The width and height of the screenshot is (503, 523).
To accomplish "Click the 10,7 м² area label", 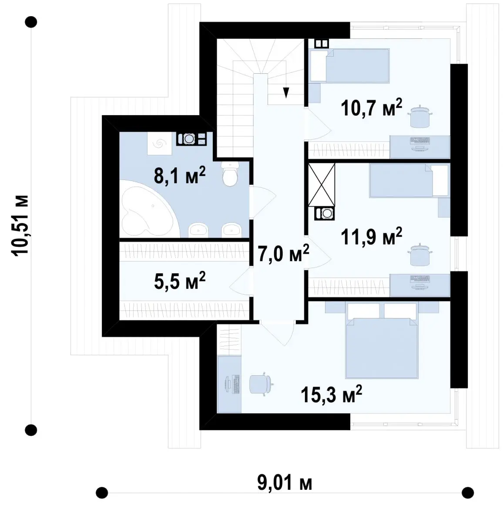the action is pyautogui.click(x=372, y=108).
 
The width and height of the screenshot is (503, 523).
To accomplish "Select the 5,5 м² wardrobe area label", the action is pyautogui.click(x=179, y=280).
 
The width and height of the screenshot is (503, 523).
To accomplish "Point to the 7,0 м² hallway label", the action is pyautogui.click(x=283, y=253).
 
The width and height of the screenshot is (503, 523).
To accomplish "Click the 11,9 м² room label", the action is pyautogui.click(x=372, y=237).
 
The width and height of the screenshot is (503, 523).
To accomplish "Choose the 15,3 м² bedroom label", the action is pyautogui.click(x=331, y=394).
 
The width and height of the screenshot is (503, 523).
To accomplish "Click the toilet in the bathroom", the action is pyautogui.click(x=230, y=174).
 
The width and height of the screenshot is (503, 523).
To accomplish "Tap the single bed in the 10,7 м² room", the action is pyautogui.click(x=349, y=65).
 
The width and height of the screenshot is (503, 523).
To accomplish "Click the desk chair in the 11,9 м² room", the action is pyautogui.click(x=420, y=254).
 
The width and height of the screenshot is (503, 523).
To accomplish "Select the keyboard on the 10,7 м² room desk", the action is pyautogui.click(x=420, y=140).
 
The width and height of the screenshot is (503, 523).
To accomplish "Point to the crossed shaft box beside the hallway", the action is pyautogui.click(x=322, y=185).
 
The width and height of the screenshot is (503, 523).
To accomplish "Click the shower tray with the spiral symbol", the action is pyautogui.click(x=160, y=143).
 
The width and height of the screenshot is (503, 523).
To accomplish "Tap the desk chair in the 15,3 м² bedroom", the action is pyautogui.click(x=262, y=384).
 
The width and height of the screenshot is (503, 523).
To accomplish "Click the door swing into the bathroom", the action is pyautogui.click(x=263, y=202).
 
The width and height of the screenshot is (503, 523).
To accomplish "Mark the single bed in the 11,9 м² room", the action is pyautogui.click(x=409, y=180).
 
